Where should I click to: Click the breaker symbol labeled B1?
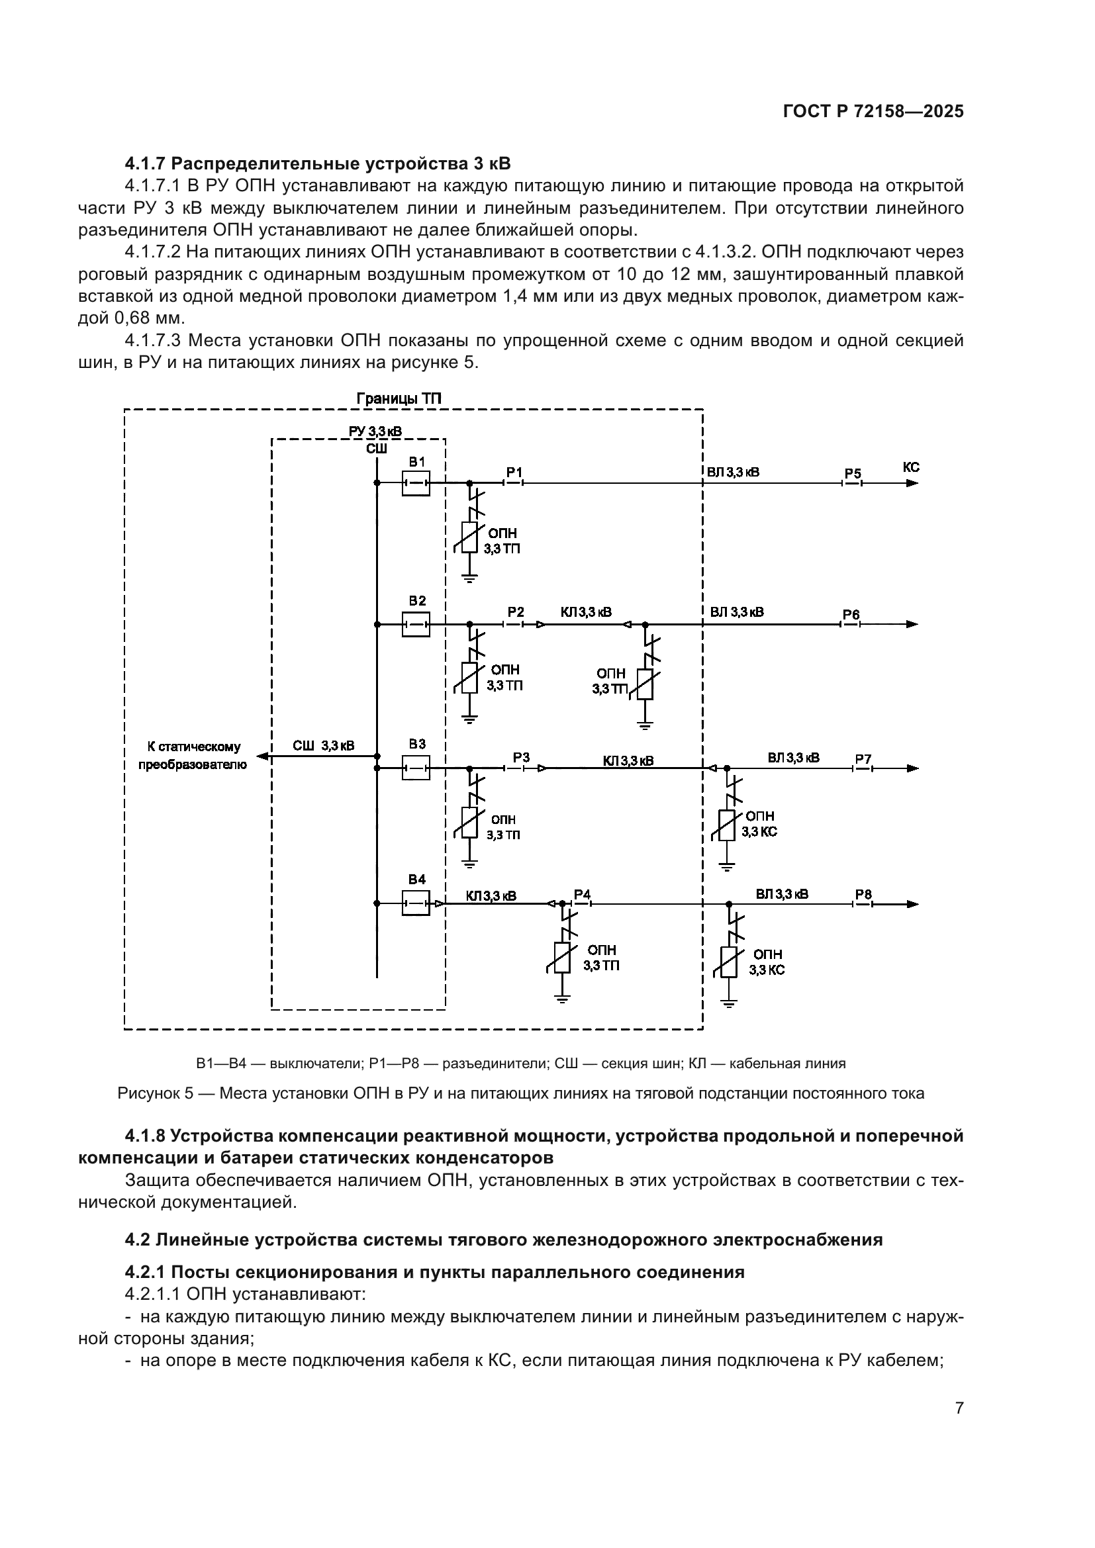pos(415,482)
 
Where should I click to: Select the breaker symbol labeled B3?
pos(415,767)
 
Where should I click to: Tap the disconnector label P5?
pos(853,473)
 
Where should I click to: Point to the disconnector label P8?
pos(863,894)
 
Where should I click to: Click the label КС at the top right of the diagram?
pos(910,467)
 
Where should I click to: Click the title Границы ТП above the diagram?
pos(399,398)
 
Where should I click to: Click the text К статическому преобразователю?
pos(193,756)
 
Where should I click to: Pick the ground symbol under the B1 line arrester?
pos(470,577)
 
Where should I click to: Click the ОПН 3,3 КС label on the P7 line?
pos(759,824)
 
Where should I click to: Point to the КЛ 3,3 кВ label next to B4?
pos(491,896)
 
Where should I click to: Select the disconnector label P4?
pos(582,894)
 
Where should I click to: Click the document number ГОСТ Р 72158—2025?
pos(873,112)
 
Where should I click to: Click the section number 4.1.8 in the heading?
pos(145,1136)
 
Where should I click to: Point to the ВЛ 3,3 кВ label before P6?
pos(737,612)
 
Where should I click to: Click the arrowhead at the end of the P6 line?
pos(912,624)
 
